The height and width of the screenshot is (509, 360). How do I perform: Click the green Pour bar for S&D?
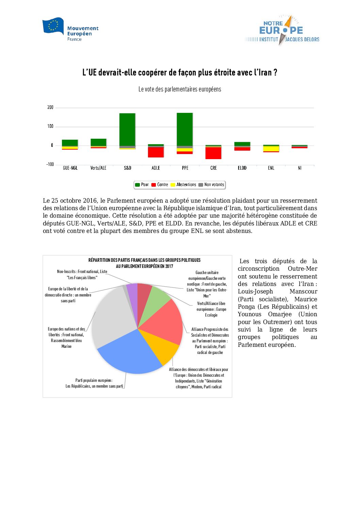[x=127, y=129]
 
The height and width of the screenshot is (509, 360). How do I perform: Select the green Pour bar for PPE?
[x=185, y=129]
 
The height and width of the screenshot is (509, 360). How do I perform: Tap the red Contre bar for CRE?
[x=213, y=153]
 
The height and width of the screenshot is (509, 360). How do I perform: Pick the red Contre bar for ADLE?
[x=156, y=152]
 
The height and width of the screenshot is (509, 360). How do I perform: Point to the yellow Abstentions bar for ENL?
[x=271, y=149]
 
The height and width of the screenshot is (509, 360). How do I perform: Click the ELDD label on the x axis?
[x=242, y=168]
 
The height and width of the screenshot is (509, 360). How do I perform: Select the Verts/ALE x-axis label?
[x=98, y=168]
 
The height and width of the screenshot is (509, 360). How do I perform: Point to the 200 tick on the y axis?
[x=50, y=107]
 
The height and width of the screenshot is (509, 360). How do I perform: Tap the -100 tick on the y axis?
[x=50, y=165]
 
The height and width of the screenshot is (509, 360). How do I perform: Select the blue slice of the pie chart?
[x=129, y=354]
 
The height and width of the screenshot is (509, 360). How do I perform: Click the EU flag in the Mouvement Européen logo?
[x=53, y=26]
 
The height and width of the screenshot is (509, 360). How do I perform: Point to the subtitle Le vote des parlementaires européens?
[x=180, y=89]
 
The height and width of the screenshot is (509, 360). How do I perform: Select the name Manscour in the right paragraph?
[x=303, y=291]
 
